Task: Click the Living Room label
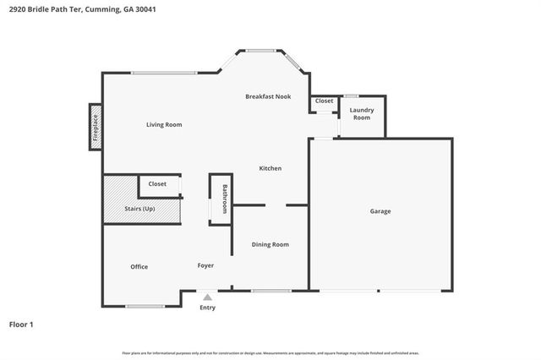tap(163, 125)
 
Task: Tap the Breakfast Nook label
tap(268, 96)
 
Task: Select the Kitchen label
tap(270, 168)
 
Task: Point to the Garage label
tap(380, 210)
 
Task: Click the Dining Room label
tap(270, 244)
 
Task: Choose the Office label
tap(139, 266)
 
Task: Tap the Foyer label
tap(205, 265)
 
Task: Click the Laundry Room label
tap(361, 113)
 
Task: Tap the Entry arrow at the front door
tap(207, 297)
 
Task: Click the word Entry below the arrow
tap(207, 308)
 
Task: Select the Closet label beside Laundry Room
tap(324, 101)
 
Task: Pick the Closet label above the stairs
tap(157, 183)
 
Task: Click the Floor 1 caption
tap(21, 324)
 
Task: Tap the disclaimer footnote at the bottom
tap(270, 352)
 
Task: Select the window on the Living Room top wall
tap(164, 74)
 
